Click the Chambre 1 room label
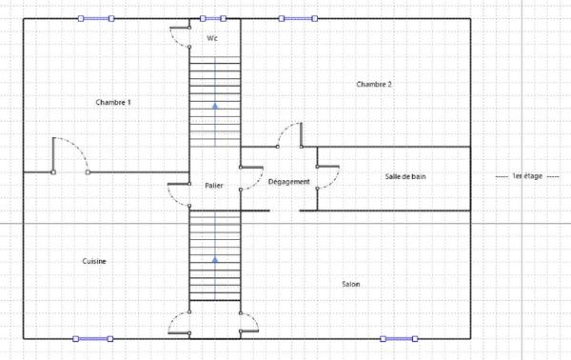[x=113, y=102]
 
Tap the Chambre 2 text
[x=374, y=85]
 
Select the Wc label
[x=213, y=38]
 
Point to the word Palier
[x=213, y=186]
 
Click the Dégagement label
[x=288, y=181]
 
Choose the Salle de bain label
[x=405, y=177]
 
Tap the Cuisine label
[x=93, y=261]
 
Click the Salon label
[x=350, y=284]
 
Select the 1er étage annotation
[x=525, y=177]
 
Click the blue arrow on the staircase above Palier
[x=215, y=106]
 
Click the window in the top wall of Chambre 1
[x=96, y=18]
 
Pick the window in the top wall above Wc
[x=214, y=18]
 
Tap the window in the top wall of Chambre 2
[x=297, y=18]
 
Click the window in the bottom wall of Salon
[x=398, y=338]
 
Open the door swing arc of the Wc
[x=179, y=33]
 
